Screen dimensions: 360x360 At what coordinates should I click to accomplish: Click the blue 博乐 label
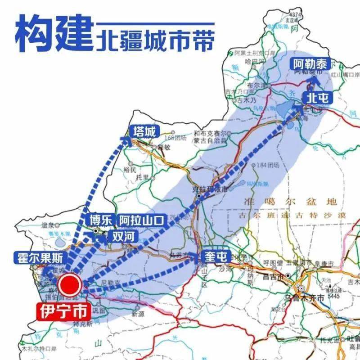pos(99,220)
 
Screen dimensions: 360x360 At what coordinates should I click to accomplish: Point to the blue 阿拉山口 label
pos(142,220)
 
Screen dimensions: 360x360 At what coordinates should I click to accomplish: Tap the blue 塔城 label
pos(144,132)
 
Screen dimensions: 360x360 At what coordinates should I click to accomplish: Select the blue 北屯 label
pos(317,97)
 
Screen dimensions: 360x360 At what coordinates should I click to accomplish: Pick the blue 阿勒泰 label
pos(312,63)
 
